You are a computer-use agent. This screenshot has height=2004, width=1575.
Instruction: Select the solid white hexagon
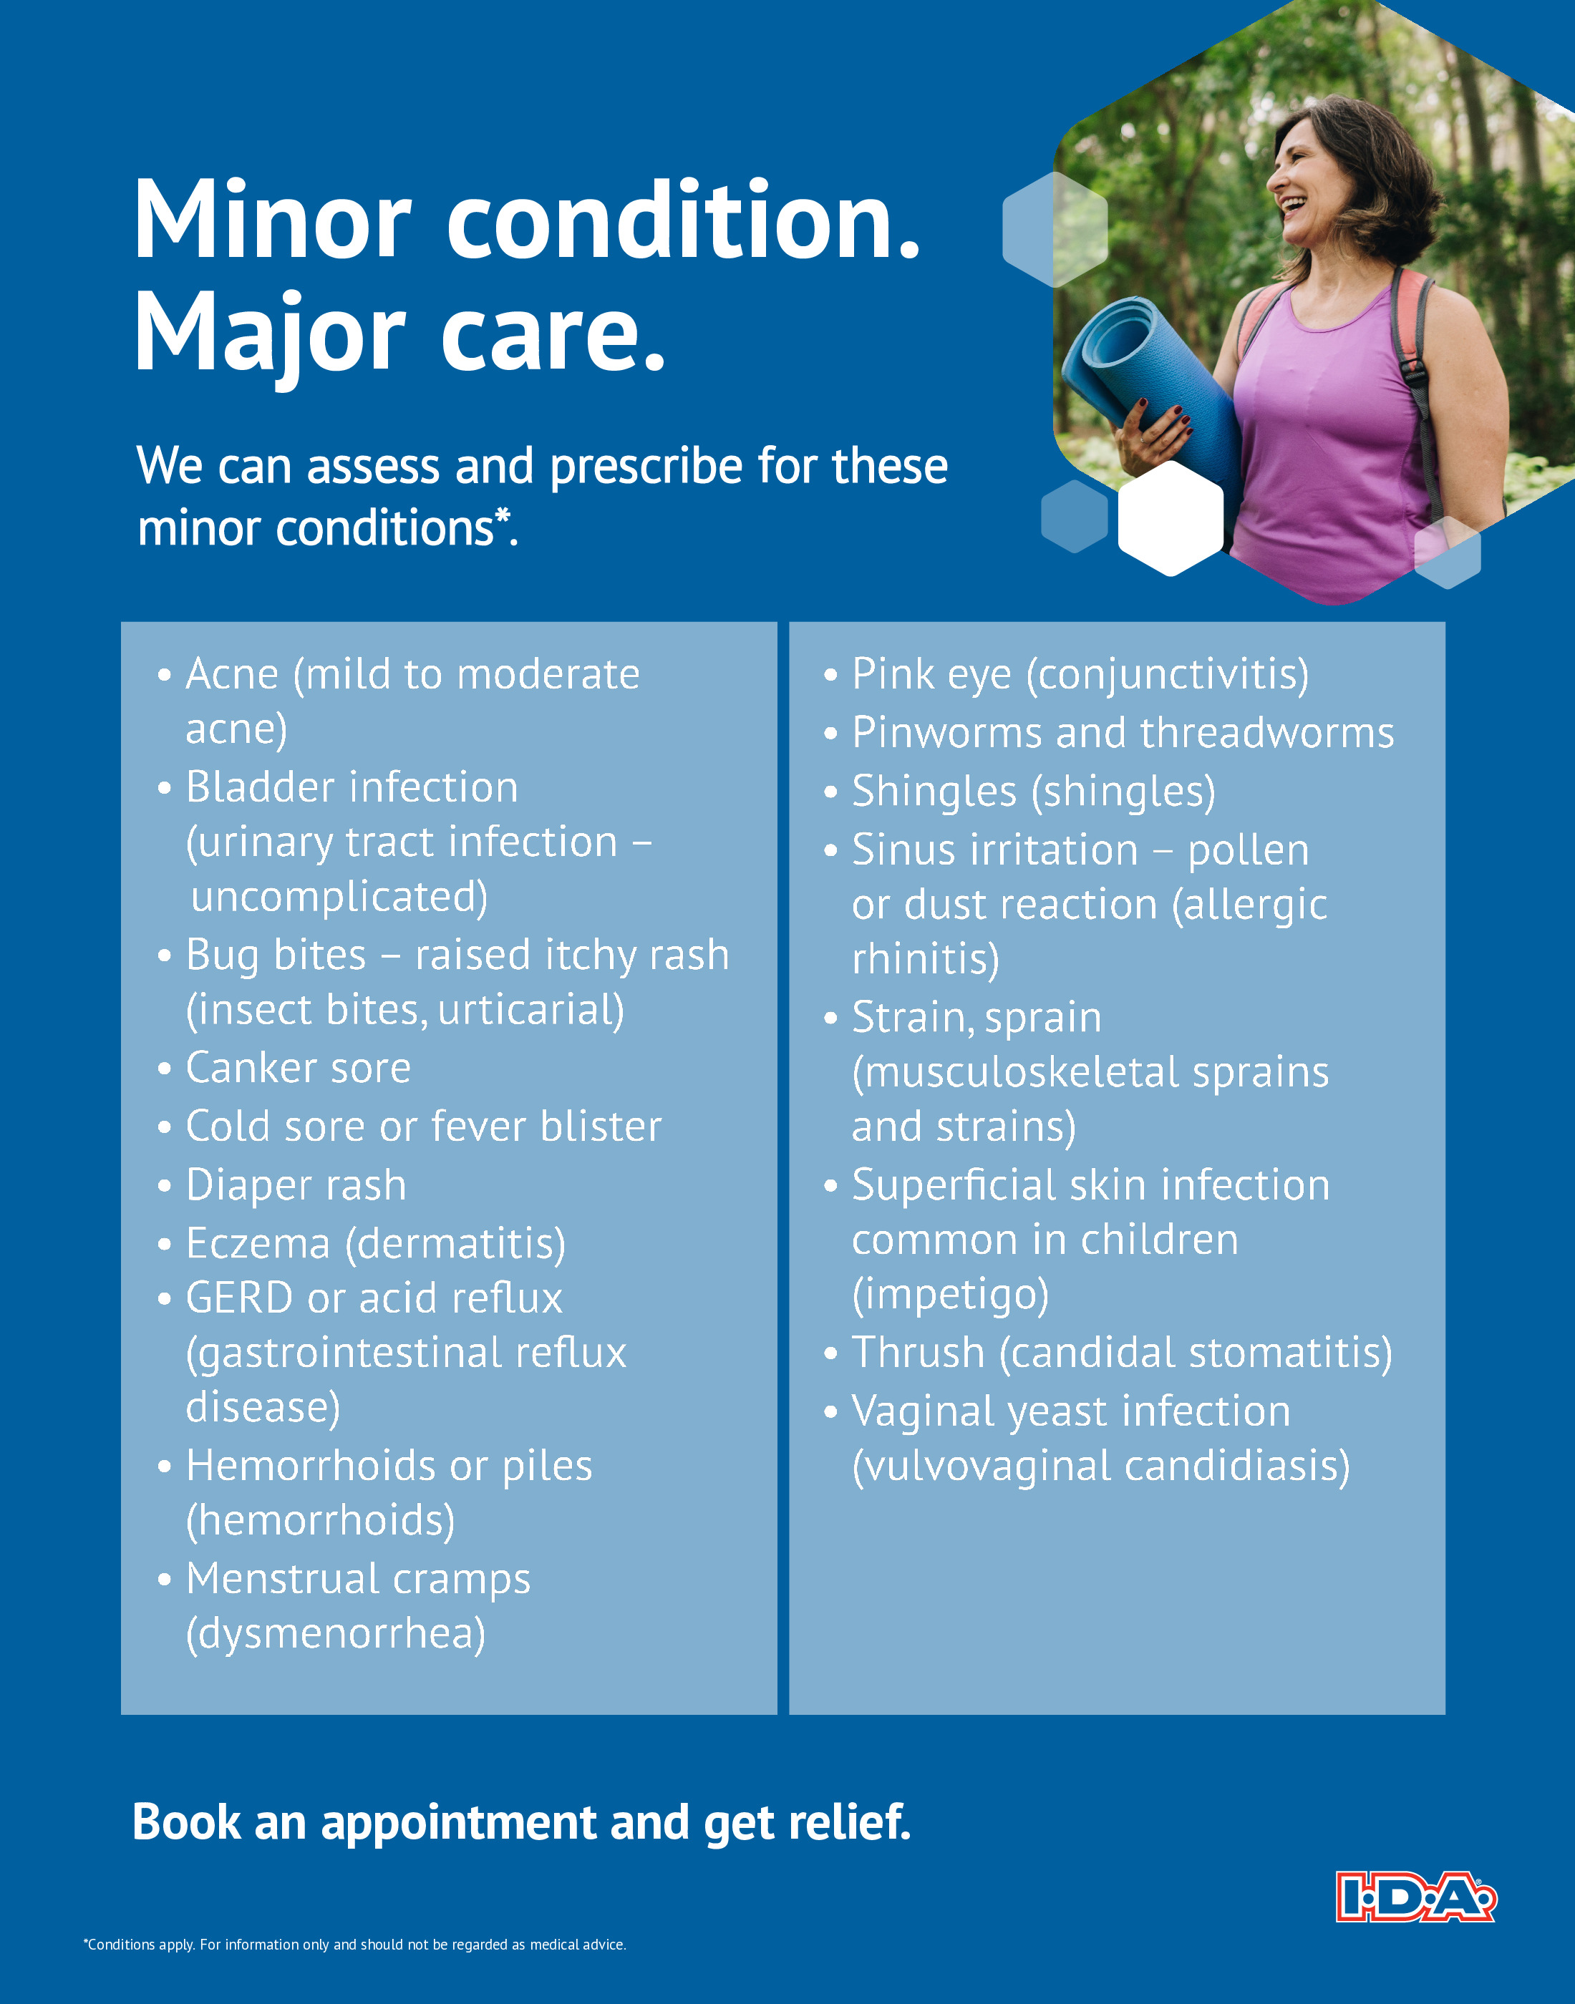1171,518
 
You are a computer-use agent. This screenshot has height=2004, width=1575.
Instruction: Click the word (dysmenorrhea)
336,1635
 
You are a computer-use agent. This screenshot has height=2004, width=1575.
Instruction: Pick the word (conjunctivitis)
1168,675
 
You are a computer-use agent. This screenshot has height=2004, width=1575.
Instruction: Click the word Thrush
919,1353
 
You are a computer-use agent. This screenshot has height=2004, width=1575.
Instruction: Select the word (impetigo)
951,1295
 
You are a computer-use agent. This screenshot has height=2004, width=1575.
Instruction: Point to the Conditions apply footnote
355,1945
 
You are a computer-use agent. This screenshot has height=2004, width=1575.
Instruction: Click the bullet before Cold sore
164,1128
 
